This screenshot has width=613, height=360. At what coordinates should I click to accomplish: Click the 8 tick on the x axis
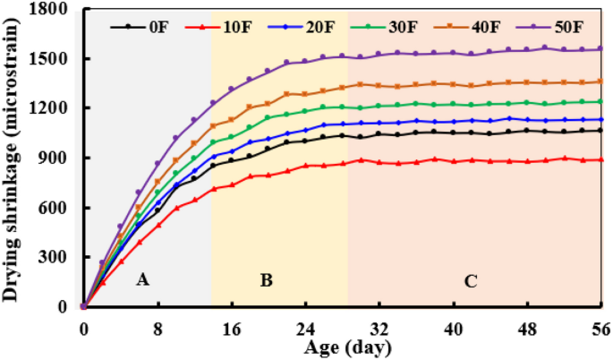click(158, 326)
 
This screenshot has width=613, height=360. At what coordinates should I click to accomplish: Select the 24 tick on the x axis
click(305, 326)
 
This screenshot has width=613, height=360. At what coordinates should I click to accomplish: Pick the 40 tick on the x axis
click(453, 326)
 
